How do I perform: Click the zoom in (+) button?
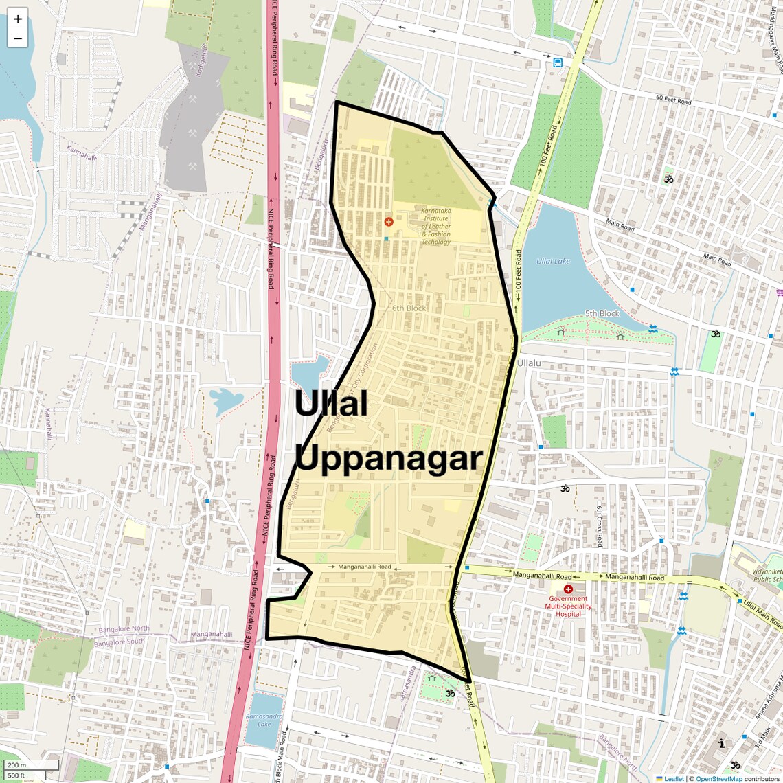pyautogui.click(x=18, y=19)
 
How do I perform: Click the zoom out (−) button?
pyautogui.click(x=18, y=38)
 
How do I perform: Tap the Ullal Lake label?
pyautogui.click(x=553, y=262)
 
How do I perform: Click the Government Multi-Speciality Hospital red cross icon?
pyautogui.click(x=568, y=589)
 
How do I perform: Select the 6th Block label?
pyautogui.click(x=409, y=308)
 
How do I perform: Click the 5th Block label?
pyautogui.click(x=602, y=314)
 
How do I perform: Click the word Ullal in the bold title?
pyautogui.click(x=332, y=404)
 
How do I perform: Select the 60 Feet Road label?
pyautogui.click(x=673, y=100)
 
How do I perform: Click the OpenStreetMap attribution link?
pyautogui.click(x=719, y=779)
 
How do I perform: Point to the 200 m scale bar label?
pyautogui.click(x=16, y=765)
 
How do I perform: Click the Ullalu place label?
pyautogui.click(x=529, y=363)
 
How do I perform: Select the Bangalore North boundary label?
pyautogui.click(x=124, y=629)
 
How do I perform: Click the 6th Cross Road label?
pyautogui.click(x=599, y=526)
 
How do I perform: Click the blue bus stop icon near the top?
pyautogui.click(x=558, y=63)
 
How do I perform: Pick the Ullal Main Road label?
pyautogui.click(x=762, y=614)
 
